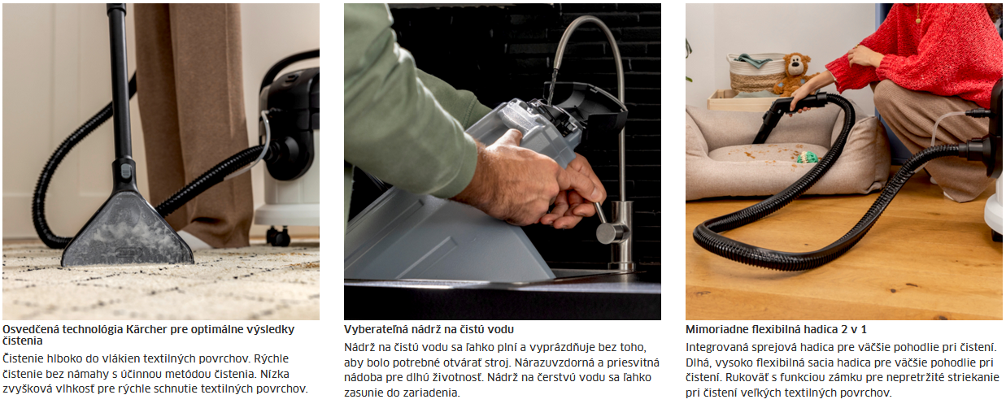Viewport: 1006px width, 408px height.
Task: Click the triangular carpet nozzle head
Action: pos(127,231)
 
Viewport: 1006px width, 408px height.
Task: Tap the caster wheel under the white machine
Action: pos(278,236)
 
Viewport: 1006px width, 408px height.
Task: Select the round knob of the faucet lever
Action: pos(607,233)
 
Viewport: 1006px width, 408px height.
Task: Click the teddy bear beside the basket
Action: pos(794,74)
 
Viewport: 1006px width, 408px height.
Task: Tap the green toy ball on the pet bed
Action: pos(808,157)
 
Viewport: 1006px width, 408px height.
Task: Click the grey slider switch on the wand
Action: pos(126,171)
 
